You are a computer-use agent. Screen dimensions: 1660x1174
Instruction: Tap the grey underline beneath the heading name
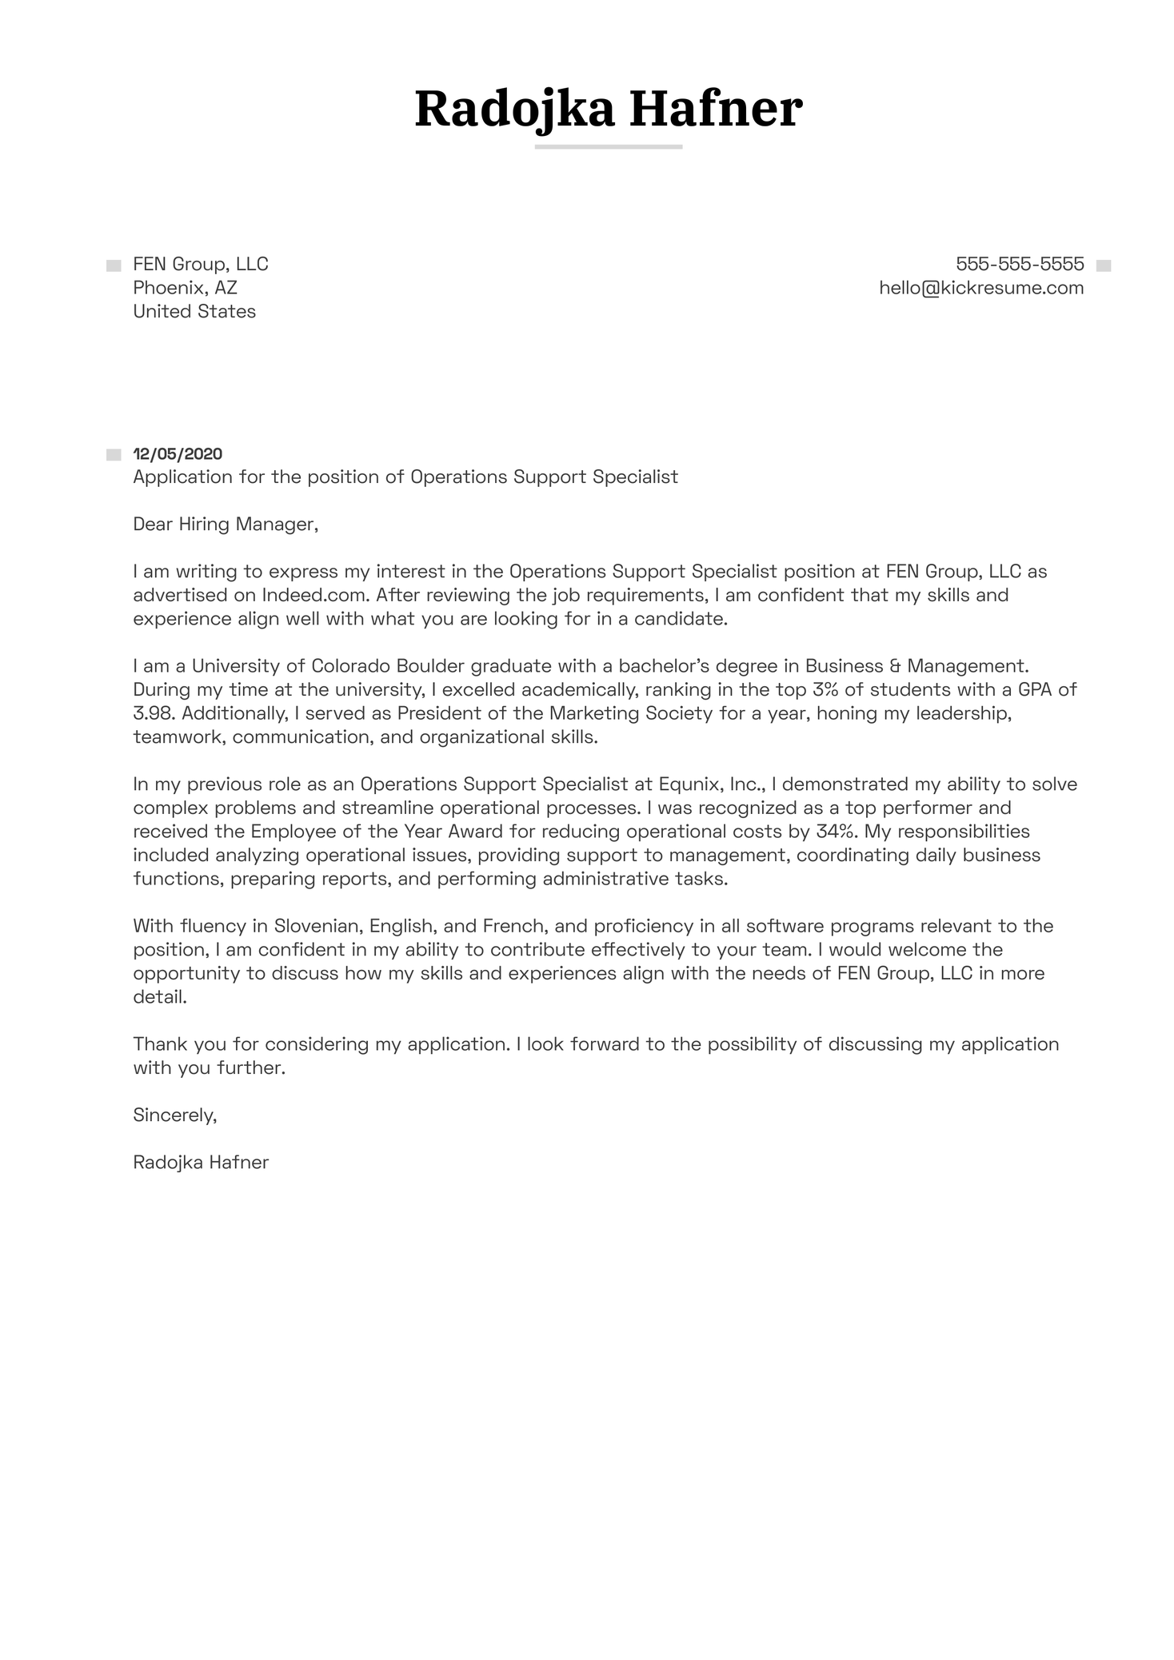tap(608, 147)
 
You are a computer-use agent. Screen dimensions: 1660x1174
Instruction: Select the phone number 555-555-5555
tap(1020, 264)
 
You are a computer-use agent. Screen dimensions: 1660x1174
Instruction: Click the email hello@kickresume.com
tap(981, 288)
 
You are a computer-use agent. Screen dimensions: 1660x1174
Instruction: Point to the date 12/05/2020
tap(178, 454)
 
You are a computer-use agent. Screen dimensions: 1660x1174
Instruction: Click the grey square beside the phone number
tap(1103, 265)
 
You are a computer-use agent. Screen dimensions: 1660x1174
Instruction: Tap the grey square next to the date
tap(114, 455)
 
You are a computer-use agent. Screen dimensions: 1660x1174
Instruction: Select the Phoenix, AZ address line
tap(185, 288)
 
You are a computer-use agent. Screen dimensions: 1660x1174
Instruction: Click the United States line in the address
tap(194, 312)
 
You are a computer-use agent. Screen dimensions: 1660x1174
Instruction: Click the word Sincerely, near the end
tap(175, 1115)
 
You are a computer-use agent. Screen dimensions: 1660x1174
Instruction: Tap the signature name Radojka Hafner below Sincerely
tap(201, 1163)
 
